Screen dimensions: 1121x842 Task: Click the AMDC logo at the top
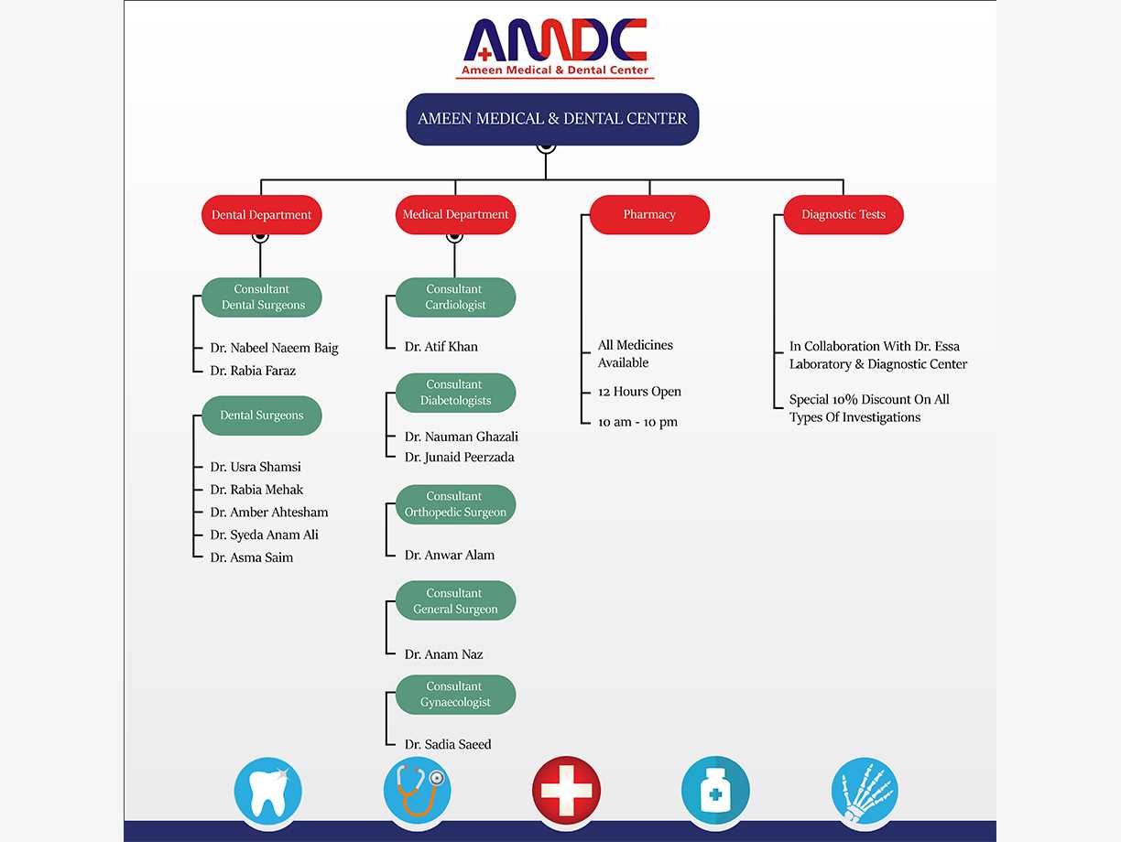[555, 49]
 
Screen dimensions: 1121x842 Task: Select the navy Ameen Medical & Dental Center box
[552, 119]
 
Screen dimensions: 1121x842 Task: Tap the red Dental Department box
[262, 215]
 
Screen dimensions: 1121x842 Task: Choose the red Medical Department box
[455, 215]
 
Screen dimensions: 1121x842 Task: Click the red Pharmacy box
[649, 215]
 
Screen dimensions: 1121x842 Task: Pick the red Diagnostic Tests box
[843, 215]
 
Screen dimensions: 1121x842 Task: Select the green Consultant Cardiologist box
[455, 297]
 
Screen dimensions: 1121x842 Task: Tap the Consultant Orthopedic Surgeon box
[455, 504]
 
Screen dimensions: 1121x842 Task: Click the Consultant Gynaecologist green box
[455, 695]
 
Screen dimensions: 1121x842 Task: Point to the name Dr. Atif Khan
[441, 347]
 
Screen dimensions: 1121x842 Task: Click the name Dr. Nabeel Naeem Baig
[274, 348]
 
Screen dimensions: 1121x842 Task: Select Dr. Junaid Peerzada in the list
[460, 458]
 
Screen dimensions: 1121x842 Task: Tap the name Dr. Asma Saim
[252, 557]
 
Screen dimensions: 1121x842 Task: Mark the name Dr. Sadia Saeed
[448, 745]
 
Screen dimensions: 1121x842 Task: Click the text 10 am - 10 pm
[637, 422]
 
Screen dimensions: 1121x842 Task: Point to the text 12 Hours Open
[639, 392]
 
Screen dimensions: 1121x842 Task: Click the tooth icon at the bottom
[268, 791]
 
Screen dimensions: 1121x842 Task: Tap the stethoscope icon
[418, 791]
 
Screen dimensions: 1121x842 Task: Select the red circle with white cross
[566, 791]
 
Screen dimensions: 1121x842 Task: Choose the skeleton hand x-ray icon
[865, 791]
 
